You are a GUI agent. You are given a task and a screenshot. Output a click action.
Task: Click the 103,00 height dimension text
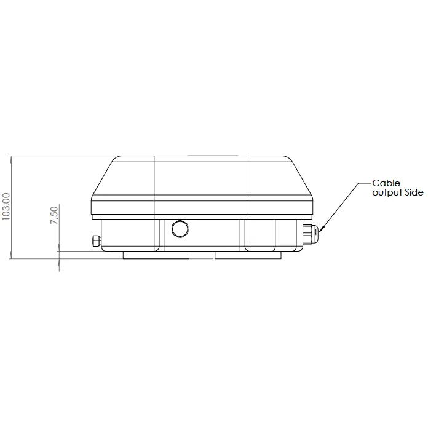click(x=7, y=207)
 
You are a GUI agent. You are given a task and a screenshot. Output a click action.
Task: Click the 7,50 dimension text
click(x=54, y=216)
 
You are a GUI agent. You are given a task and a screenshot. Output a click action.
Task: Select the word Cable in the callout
click(x=386, y=183)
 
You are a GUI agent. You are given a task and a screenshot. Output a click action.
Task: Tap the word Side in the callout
click(x=413, y=193)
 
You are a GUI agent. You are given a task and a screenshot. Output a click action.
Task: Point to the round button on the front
click(x=181, y=228)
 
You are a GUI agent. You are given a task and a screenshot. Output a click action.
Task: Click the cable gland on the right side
click(x=313, y=234)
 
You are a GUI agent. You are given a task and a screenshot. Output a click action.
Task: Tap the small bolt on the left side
click(x=95, y=240)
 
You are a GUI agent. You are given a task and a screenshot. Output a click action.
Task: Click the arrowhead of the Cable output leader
click(x=322, y=228)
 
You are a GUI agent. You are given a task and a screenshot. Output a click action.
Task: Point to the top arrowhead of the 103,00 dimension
click(x=12, y=160)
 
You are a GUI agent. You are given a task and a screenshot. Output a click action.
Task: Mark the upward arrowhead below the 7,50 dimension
click(x=60, y=263)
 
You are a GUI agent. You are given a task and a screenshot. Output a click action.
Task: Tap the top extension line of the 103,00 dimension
click(x=61, y=156)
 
